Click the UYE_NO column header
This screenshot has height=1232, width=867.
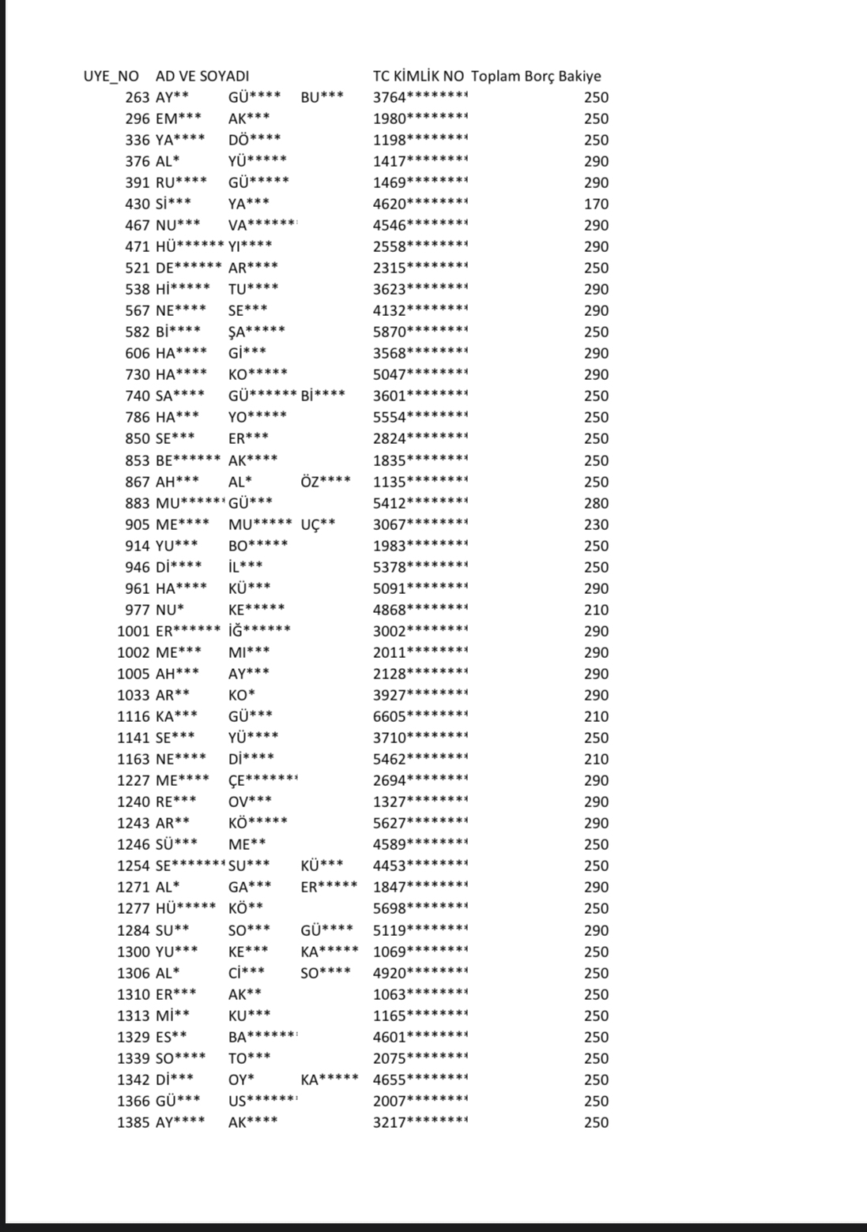(x=111, y=77)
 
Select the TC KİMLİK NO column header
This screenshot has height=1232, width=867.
(x=418, y=77)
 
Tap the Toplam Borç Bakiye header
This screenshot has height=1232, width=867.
(x=536, y=77)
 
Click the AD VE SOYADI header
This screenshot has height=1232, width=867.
(x=202, y=77)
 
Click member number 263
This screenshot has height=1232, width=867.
(x=138, y=98)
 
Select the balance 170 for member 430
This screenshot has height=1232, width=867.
(x=597, y=205)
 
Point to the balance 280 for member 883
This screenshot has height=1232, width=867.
(x=597, y=503)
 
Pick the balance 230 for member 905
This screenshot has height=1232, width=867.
(x=597, y=524)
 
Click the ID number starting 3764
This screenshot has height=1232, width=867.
(x=420, y=98)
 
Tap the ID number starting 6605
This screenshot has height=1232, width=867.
(x=420, y=716)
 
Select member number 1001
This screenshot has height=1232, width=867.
(x=133, y=631)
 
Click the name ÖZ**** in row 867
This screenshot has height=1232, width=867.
(x=326, y=482)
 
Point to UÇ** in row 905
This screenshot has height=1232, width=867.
(x=318, y=524)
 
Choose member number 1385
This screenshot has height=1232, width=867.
(x=133, y=1122)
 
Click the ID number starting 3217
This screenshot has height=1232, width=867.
(x=420, y=1122)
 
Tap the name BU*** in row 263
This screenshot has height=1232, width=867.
(x=322, y=98)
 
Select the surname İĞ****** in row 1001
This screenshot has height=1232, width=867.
(x=259, y=631)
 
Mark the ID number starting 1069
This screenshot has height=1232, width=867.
(x=420, y=952)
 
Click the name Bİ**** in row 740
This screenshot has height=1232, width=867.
(x=322, y=396)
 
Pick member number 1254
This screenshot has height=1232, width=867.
(x=133, y=866)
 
